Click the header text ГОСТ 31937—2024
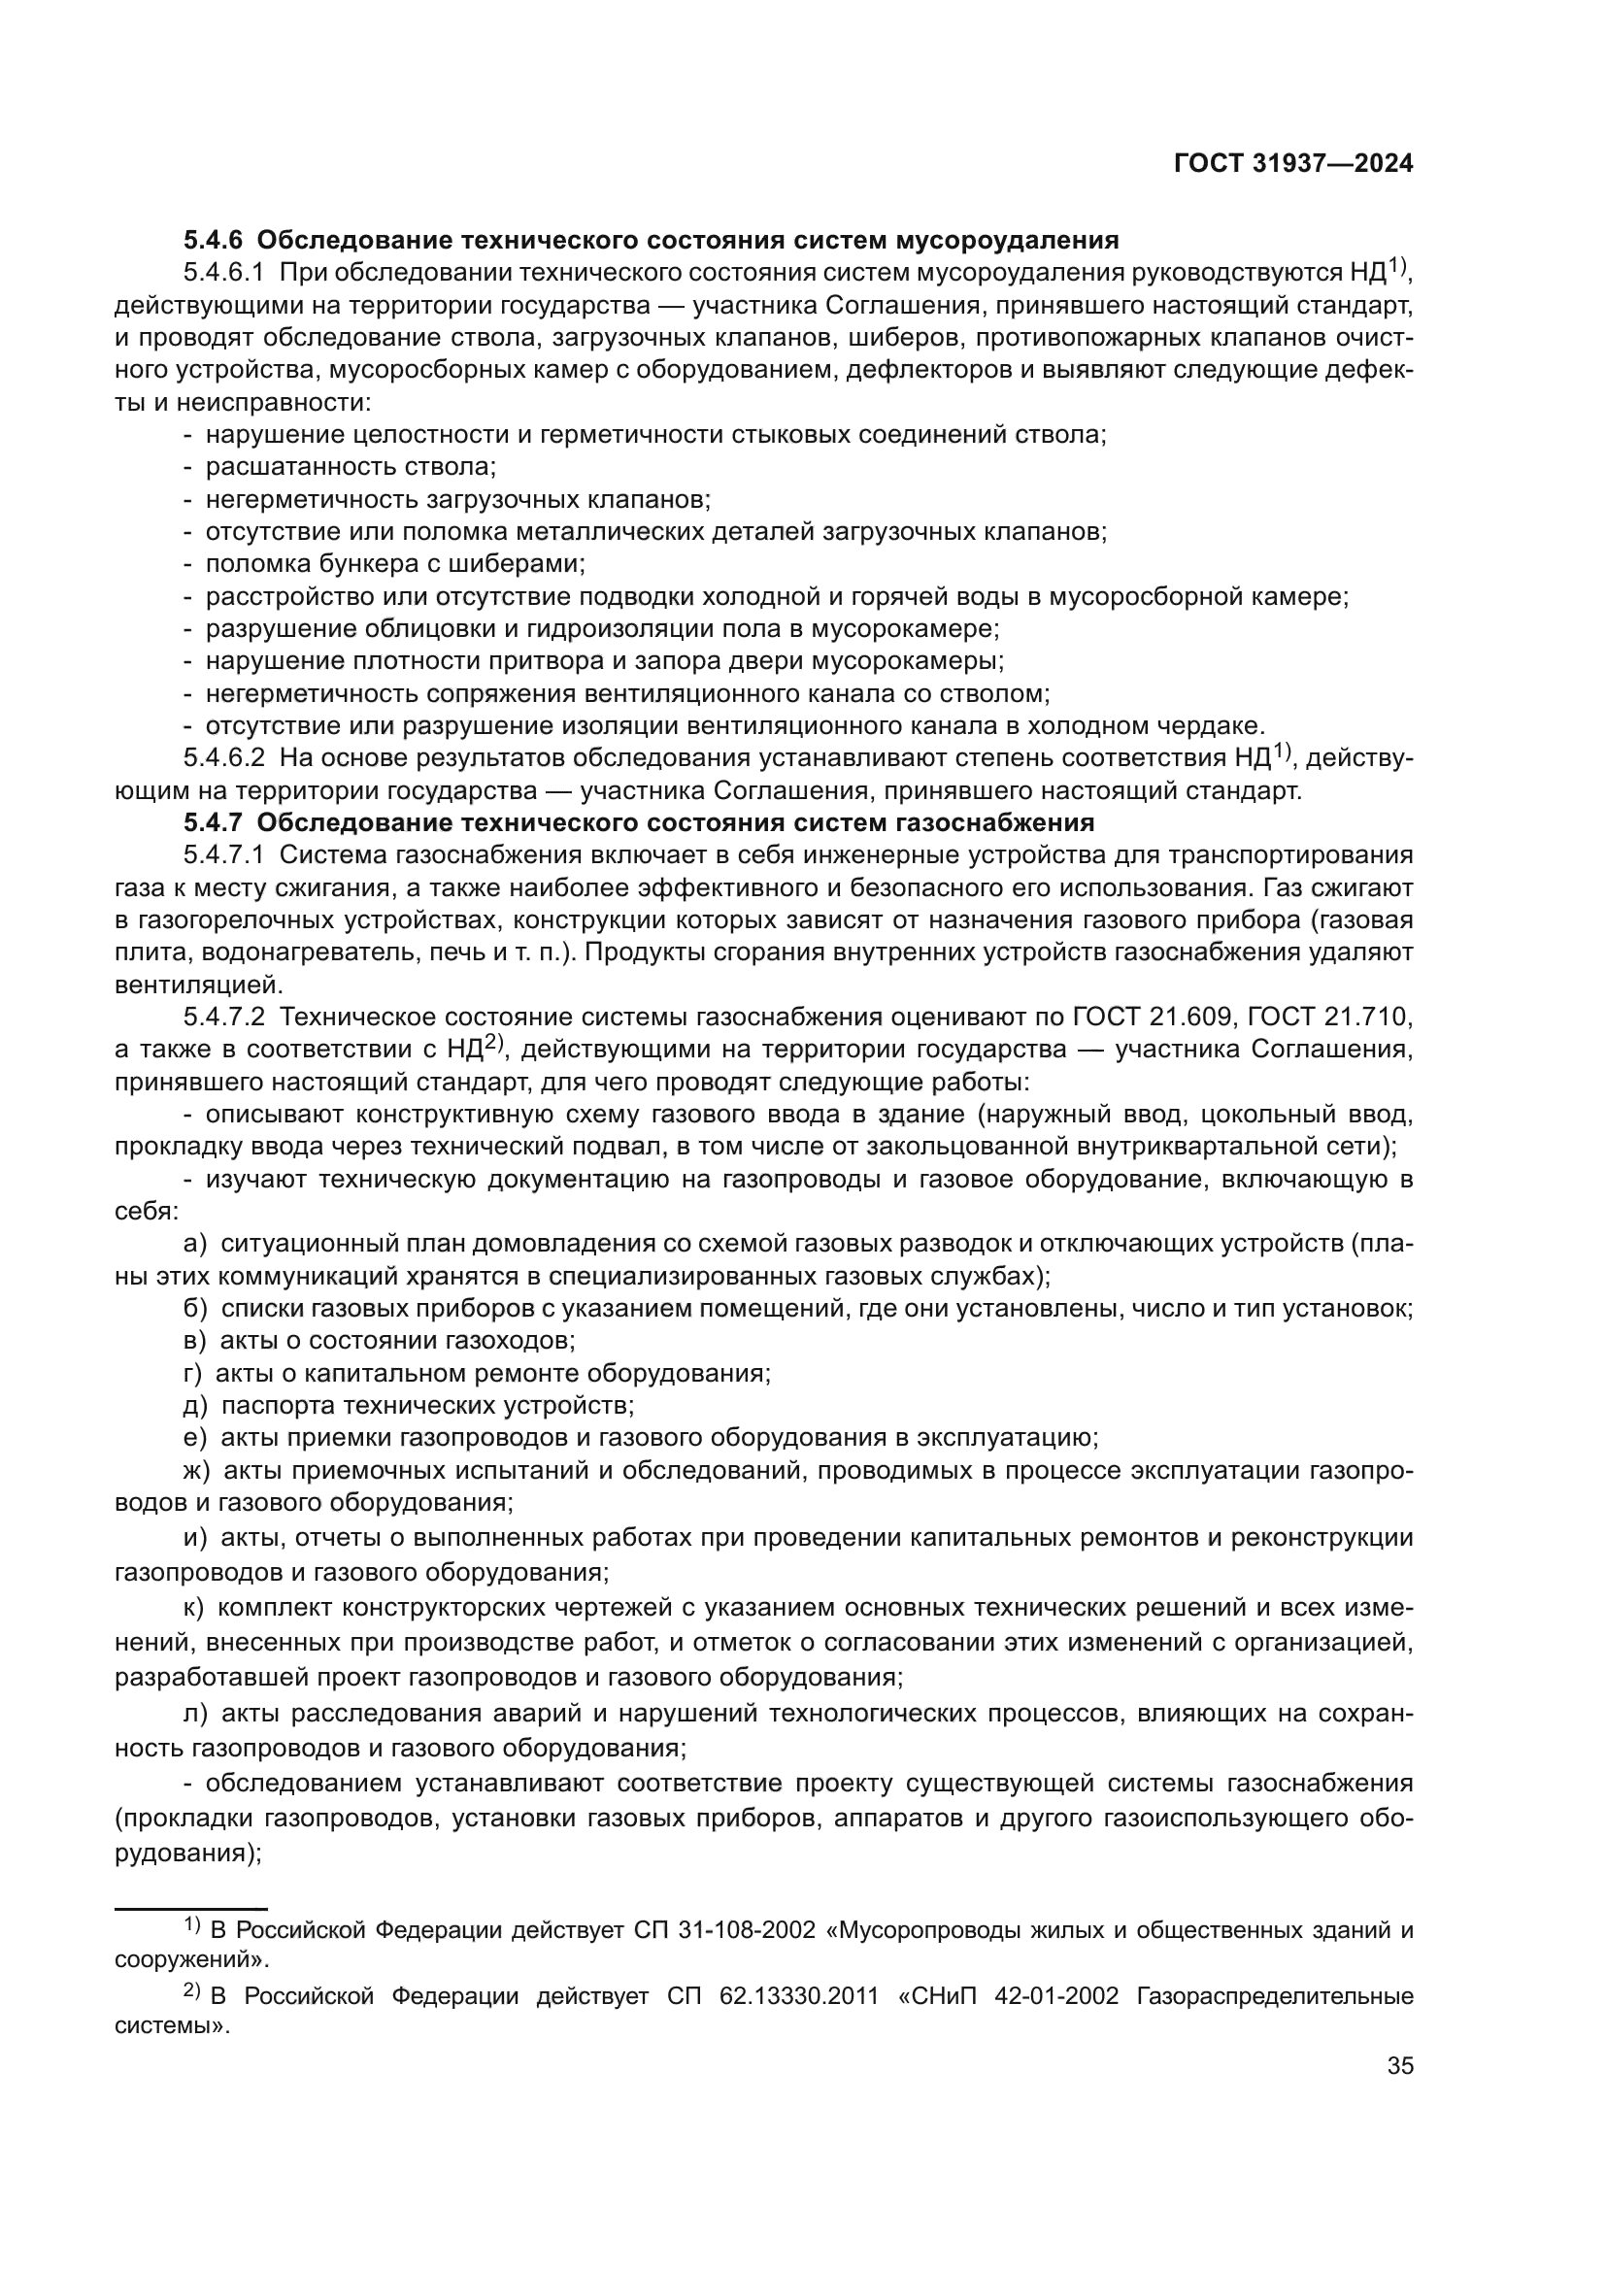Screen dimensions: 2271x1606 click(x=1292, y=164)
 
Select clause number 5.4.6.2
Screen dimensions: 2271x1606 click(x=223, y=758)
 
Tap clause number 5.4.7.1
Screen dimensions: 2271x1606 click(x=223, y=855)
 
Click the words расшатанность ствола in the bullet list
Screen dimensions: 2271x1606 click(x=351, y=467)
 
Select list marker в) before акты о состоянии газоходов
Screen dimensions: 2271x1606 click(x=195, y=1341)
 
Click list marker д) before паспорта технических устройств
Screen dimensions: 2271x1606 click(x=195, y=1406)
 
